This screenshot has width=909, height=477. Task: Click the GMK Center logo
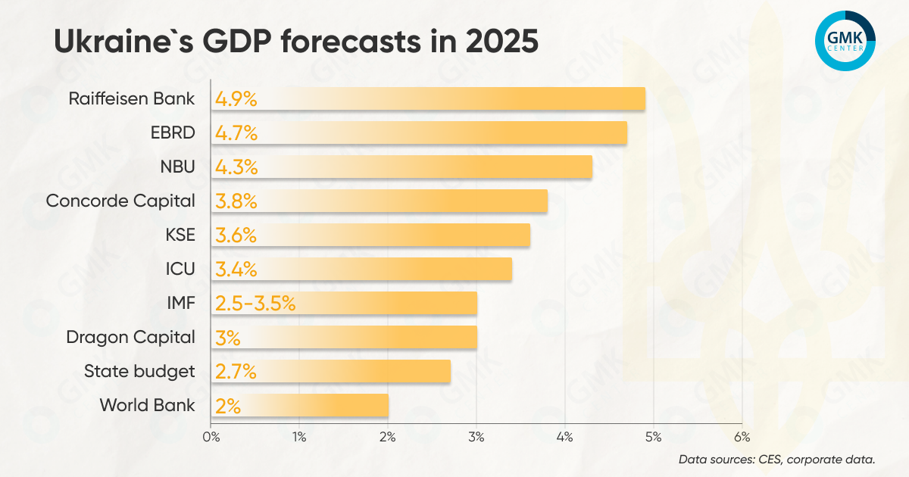pyautogui.click(x=845, y=41)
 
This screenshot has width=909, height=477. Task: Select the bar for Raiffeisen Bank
pyautogui.click(x=454, y=99)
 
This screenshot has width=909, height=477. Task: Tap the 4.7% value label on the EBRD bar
pyautogui.click(x=237, y=134)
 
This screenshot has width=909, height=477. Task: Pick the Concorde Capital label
pyautogui.click(x=120, y=201)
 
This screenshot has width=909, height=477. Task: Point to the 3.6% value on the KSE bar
pyautogui.click(x=236, y=235)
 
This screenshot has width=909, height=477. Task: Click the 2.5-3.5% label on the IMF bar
pyautogui.click(x=255, y=304)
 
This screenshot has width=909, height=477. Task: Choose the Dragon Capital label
pyautogui.click(x=130, y=337)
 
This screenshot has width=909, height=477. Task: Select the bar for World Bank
pyautogui.click(x=318, y=406)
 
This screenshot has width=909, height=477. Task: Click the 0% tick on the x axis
pyautogui.click(x=211, y=437)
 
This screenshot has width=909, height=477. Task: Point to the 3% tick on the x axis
pyautogui.click(x=476, y=437)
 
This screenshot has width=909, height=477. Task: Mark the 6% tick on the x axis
pyautogui.click(x=742, y=437)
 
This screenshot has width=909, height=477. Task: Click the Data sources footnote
pyautogui.click(x=777, y=459)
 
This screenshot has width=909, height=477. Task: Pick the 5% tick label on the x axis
pyautogui.click(x=653, y=437)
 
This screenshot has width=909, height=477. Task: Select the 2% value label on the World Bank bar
pyautogui.click(x=228, y=406)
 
